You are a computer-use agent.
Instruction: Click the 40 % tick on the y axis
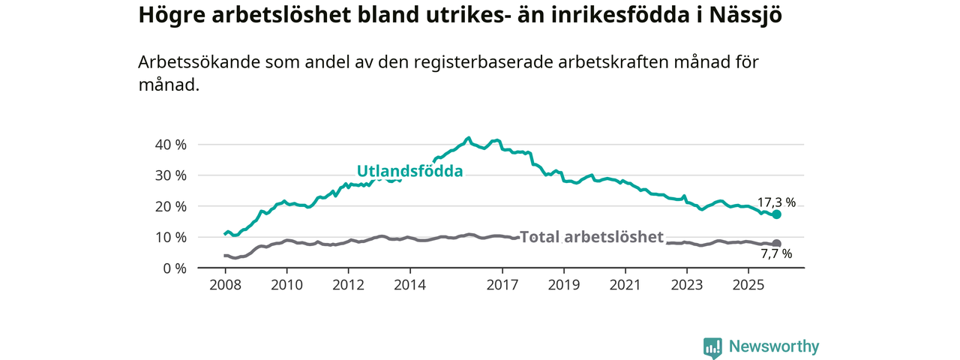(169, 144)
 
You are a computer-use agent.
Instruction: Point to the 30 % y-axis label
(169, 175)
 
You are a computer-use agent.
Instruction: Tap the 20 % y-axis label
(169, 206)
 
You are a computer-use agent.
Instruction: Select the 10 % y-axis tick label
(169, 237)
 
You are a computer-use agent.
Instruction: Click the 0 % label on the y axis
(173, 268)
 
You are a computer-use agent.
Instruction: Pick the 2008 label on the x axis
(225, 285)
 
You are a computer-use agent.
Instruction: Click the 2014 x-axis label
(410, 285)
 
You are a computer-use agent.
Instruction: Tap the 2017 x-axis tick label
(502, 285)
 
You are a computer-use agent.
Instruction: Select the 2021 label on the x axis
(625, 285)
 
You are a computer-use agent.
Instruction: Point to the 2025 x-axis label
(748, 285)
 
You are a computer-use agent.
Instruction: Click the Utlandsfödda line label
(409, 171)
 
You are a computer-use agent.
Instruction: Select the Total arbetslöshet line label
(592, 237)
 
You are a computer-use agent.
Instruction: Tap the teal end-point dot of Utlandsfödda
(777, 214)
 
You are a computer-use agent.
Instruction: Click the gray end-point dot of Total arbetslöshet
(777, 244)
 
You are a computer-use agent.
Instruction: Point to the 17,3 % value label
(775, 202)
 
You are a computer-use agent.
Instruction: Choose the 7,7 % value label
(775, 254)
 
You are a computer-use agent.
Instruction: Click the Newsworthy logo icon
(712, 347)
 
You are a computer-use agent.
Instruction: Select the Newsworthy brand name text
(774, 346)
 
